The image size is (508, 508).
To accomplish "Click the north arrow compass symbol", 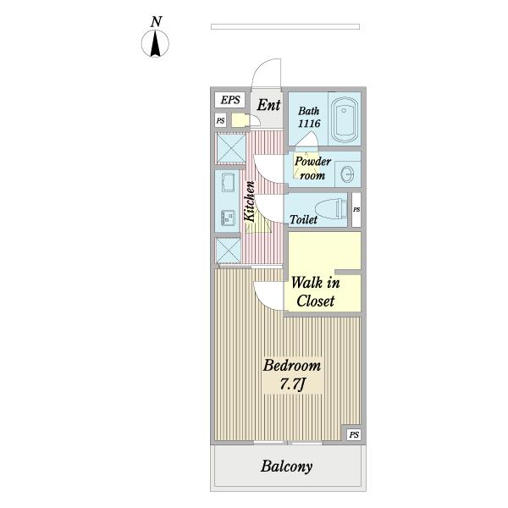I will [x=156, y=43].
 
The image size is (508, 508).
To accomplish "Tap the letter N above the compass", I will [x=156, y=21].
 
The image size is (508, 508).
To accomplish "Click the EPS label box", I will [x=230, y=100].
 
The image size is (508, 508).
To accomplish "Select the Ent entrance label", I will [x=268, y=105].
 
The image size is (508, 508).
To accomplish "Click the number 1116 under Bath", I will [x=308, y=124].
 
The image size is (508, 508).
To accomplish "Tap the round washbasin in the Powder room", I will [x=347, y=174].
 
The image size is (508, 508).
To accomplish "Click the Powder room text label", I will [x=310, y=169].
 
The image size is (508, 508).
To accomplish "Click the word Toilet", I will [x=303, y=220].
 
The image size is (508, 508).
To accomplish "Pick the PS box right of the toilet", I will [x=356, y=209].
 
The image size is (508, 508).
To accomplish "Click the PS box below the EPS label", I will [x=221, y=121].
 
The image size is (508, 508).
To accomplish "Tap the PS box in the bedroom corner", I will [x=354, y=434].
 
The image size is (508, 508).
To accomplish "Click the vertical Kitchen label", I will [x=250, y=202].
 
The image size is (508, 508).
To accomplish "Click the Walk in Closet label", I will [x=315, y=292].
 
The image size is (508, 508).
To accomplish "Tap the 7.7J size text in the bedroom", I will [x=290, y=386].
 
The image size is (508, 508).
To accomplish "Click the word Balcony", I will [x=286, y=466].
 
